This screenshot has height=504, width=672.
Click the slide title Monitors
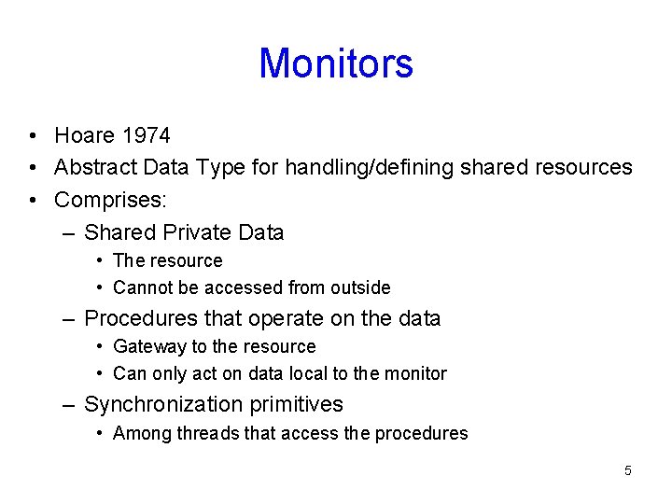[x=336, y=63]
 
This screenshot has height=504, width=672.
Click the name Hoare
[x=85, y=136]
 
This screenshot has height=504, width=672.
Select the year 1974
[x=146, y=136]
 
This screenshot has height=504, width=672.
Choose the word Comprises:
[x=110, y=200]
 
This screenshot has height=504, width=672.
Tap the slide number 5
[x=628, y=470]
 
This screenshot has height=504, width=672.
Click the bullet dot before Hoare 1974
[x=33, y=136]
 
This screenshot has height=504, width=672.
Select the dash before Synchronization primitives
[x=68, y=405]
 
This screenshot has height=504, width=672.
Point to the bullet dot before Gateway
[x=100, y=347]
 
